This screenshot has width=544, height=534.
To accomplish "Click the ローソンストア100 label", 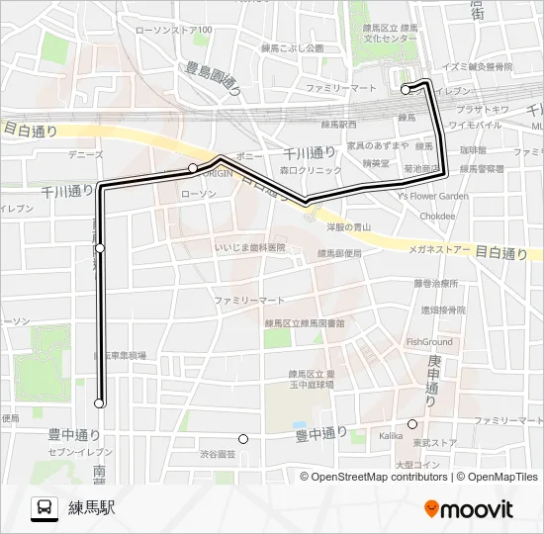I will click(173, 31).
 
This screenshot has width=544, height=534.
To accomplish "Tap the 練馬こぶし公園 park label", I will click(293, 47).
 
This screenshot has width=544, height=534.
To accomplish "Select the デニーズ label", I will click(86, 154).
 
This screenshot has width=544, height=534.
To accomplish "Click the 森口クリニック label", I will click(303, 170).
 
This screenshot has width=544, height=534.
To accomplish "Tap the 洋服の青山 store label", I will click(348, 226).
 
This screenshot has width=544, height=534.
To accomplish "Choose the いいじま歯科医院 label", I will click(250, 247).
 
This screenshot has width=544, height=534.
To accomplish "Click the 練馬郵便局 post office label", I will click(339, 253).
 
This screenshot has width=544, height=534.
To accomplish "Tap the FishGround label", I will click(428, 342).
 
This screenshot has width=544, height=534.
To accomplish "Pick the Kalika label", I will click(391, 435).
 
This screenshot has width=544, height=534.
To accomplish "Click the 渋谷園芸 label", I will click(218, 454).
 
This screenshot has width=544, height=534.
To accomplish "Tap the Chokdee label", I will click(436, 215).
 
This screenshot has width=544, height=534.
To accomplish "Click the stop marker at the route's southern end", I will click(99, 403).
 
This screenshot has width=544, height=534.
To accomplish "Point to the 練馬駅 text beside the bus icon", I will click(92, 508).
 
